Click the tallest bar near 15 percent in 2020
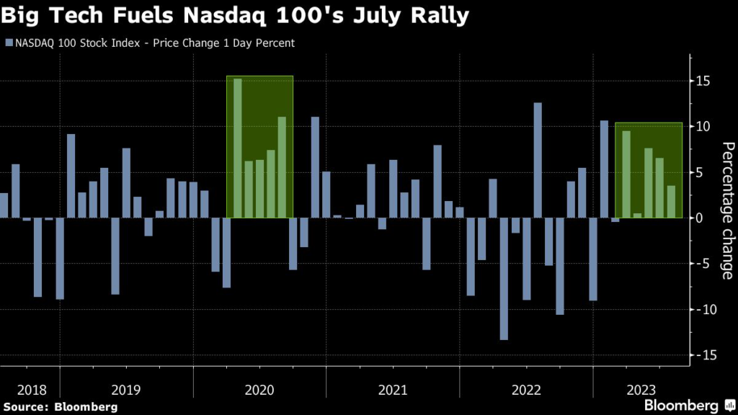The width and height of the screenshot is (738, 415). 237,148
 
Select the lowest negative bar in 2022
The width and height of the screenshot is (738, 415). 504,278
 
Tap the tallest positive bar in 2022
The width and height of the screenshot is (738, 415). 537,160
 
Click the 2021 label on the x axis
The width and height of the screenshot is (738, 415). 392,391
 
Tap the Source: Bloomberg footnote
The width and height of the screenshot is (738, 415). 59,407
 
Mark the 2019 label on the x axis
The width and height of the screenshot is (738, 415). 127,391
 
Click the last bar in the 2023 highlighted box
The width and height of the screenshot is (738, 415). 671,202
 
